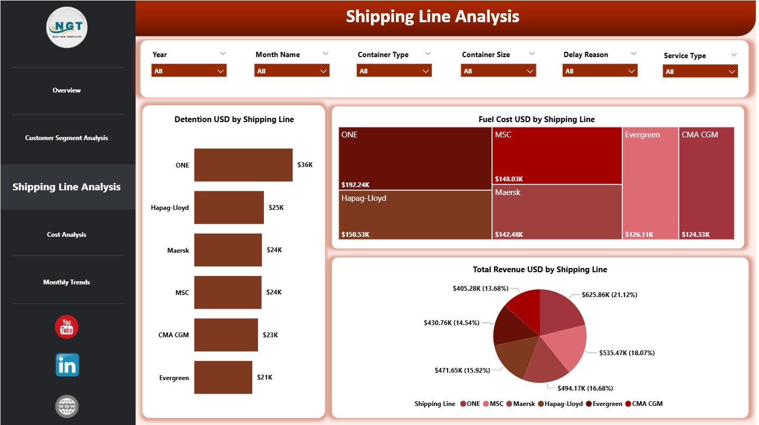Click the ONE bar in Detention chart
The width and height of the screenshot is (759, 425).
[x=243, y=165]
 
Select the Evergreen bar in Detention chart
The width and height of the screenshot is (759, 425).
[x=223, y=377]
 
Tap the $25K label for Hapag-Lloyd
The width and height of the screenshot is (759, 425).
[x=276, y=208]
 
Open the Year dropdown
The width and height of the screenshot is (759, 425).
[x=189, y=71]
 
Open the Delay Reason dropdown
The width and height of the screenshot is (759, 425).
[x=600, y=71]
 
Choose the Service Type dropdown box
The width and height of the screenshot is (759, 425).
[x=700, y=71]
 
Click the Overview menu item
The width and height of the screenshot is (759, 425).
[x=67, y=90]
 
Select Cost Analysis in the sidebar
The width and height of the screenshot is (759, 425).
[x=67, y=235]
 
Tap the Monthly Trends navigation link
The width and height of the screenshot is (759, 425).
[x=67, y=282]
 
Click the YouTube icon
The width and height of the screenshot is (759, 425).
[x=67, y=327]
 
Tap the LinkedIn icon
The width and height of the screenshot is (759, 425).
[x=67, y=365]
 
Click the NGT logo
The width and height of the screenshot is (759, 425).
[x=67, y=27]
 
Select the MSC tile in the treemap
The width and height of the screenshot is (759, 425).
[x=556, y=155]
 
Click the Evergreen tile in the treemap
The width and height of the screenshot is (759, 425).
[x=650, y=183]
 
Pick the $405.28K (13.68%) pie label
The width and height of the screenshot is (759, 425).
[x=481, y=288]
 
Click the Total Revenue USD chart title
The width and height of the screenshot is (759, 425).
[x=540, y=270]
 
